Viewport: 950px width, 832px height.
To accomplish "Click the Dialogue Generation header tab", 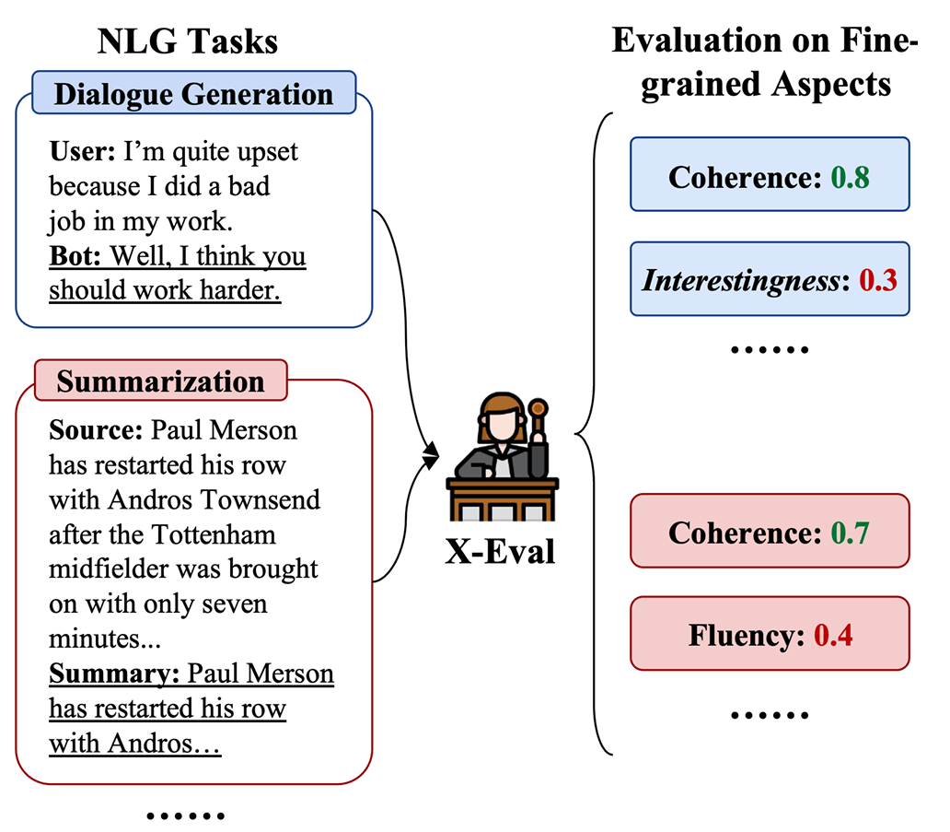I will [x=193, y=93].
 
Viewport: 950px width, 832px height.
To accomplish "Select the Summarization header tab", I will [x=160, y=381].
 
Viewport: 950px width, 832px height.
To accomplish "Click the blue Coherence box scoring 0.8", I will [x=770, y=175].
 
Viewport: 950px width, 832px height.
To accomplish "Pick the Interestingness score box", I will [x=770, y=279].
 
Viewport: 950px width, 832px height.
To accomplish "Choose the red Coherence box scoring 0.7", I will [x=770, y=532].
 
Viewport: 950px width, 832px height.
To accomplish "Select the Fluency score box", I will [x=770, y=635].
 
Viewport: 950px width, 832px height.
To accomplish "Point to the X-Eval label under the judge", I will [x=501, y=551].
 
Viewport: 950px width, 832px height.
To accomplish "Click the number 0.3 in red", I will [x=877, y=280].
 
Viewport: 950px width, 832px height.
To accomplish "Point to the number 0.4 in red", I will [x=833, y=636].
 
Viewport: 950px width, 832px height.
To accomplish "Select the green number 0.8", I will [x=850, y=176].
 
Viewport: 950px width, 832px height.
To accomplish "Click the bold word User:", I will [x=82, y=151].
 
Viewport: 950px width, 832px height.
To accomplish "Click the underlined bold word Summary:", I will [x=114, y=674].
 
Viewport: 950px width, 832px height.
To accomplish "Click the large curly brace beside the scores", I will [x=589, y=433].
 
